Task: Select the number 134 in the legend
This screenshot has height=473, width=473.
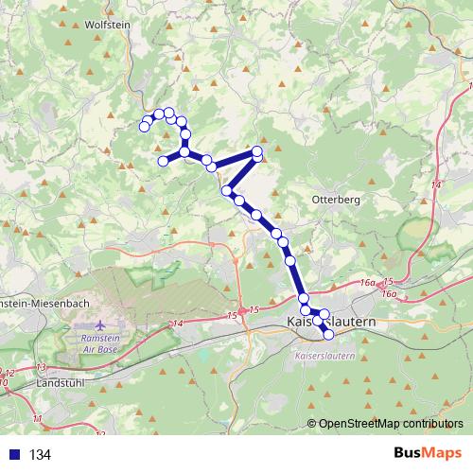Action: coord(40,455)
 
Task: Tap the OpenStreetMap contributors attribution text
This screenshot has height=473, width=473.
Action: coord(390,423)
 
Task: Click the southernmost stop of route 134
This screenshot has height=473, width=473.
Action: coord(329,334)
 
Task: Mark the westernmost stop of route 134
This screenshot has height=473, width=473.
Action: coord(145,127)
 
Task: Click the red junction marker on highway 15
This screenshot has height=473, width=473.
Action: coord(243,309)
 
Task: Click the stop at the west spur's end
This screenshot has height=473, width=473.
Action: coord(163,161)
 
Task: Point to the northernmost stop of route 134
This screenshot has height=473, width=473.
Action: coord(169,114)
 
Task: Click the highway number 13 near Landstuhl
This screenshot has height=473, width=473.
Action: coord(41,366)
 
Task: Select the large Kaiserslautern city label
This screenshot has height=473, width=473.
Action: coord(329,323)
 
